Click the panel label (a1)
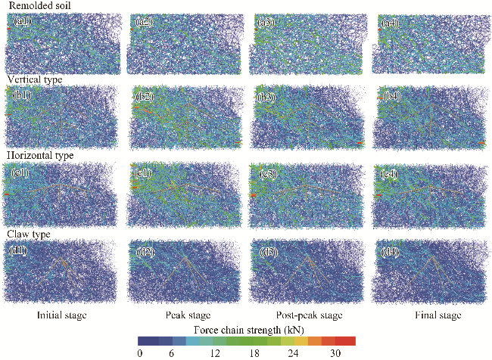(22, 23)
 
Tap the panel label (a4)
(390, 23)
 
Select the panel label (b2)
(145, 97)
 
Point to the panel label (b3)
(267, 97)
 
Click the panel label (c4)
(390, 174)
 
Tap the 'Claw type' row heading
(29, 234)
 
